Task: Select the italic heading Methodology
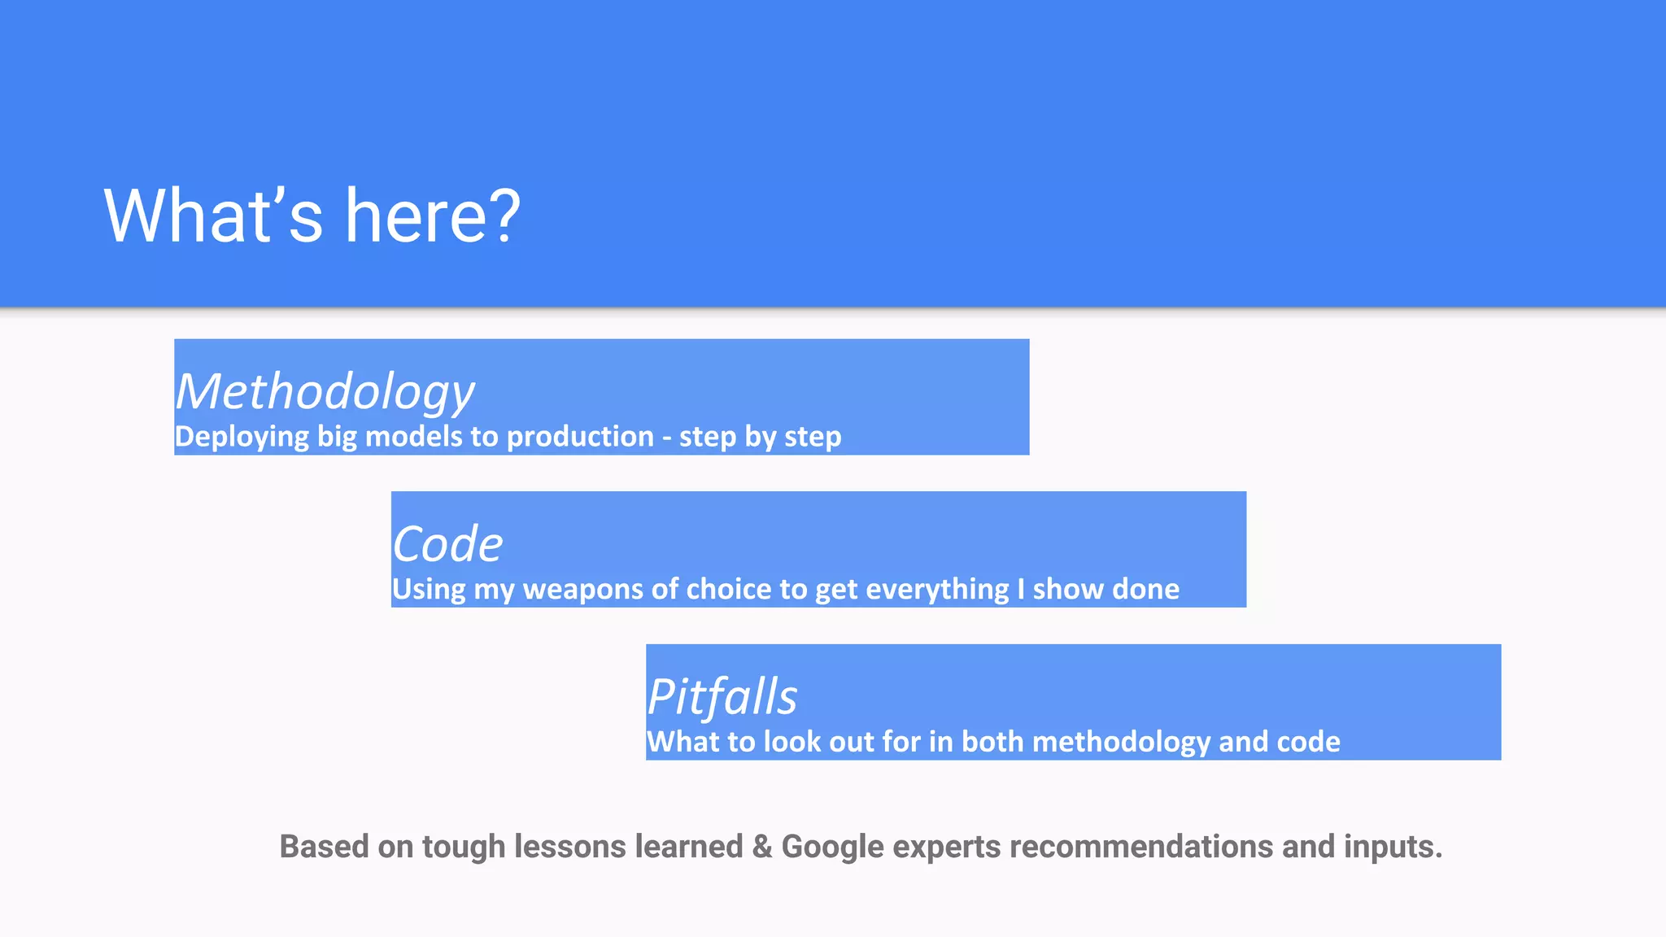click(325, 392)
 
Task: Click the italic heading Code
click(447, 544)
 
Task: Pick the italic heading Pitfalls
click(722, 697)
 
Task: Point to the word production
click(580, 437)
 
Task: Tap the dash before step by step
click(666, 438)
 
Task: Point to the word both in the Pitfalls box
click(992, 742)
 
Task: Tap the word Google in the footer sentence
click(832, 847)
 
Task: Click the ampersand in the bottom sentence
click(762, 847)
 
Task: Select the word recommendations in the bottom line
click(1141, 847)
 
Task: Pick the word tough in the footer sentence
click(463, 847)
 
